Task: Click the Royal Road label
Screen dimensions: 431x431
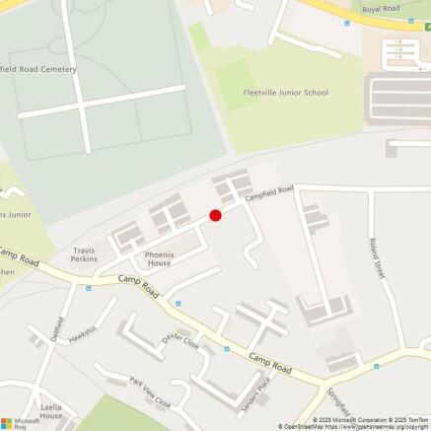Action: click(x=381, y=9)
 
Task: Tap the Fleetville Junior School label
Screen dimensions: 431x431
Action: click(x=286, y=93)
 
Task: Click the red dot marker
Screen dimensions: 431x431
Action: click(x=215, y=215)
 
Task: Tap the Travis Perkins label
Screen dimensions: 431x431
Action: click(x=85, y=254)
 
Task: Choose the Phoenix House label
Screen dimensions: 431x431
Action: click(x=159, y=259)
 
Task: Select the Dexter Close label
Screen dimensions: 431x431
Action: click(x=180, y=344)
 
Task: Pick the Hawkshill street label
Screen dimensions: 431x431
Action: click(x=83, y=333)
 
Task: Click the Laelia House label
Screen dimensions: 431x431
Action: click(x=51, y=410)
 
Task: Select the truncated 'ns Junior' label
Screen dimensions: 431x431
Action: click(x=16, y=214)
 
